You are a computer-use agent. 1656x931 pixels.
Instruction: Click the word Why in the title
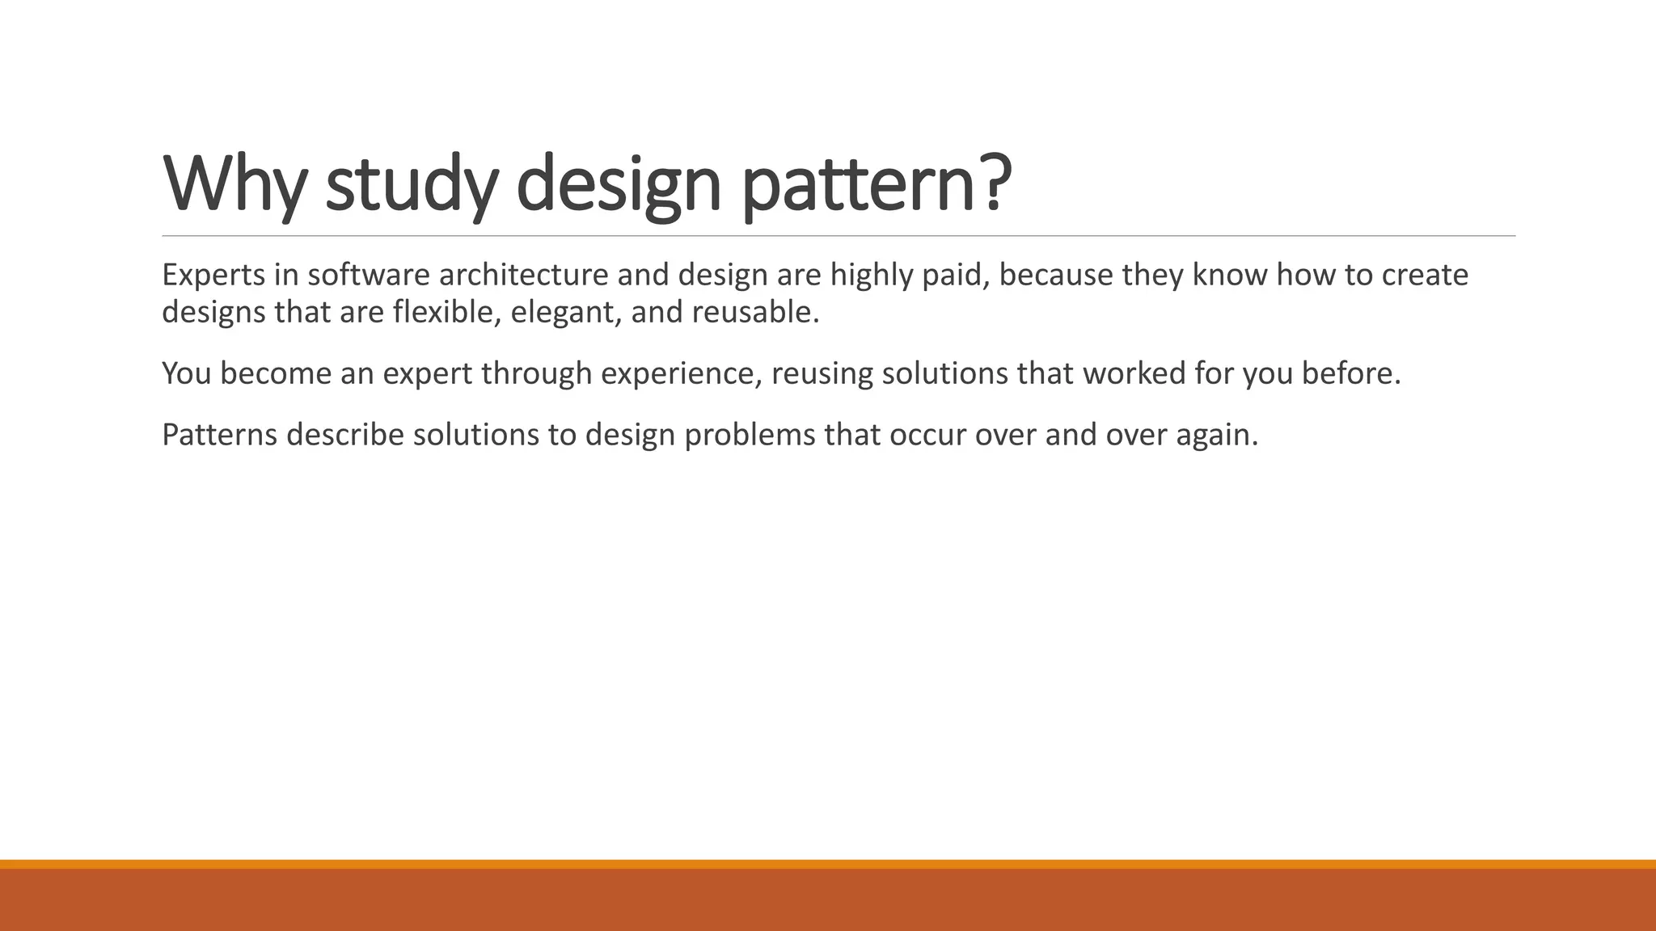coord(234,184)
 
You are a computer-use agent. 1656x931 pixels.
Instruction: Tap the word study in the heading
coord(411,184)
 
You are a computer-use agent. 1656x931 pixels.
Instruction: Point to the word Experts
coord(213,276)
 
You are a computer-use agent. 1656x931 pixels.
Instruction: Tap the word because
coord(1055,276)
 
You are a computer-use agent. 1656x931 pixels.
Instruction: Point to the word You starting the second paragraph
coord(186,373)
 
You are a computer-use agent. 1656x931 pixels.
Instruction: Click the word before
coord(1350,373)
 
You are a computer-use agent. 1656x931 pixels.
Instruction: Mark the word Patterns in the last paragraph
coord(219,435)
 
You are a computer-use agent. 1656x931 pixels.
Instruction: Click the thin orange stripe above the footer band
coord(828,864)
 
